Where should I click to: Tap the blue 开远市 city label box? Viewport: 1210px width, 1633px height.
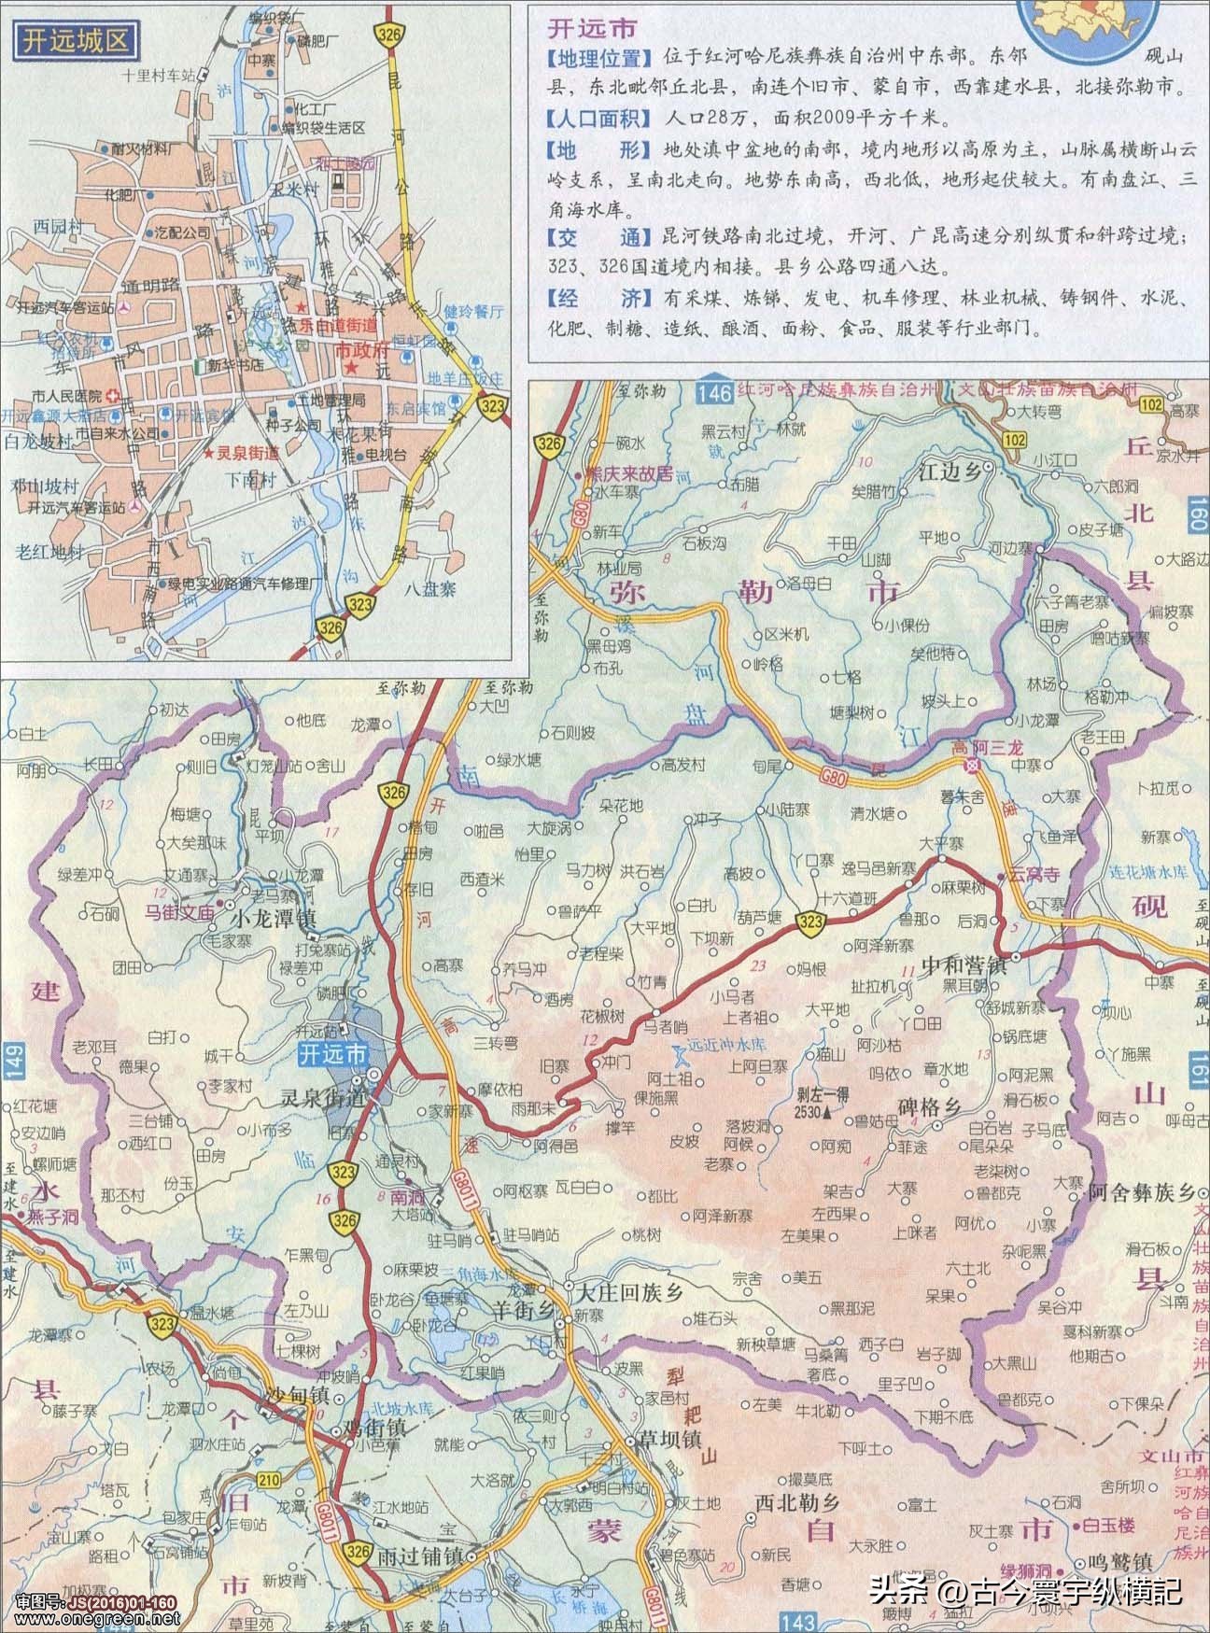click(331, 1055)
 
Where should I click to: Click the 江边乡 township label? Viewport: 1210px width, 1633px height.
click(950, 473)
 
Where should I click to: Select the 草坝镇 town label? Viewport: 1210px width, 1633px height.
click(668, 1439)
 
